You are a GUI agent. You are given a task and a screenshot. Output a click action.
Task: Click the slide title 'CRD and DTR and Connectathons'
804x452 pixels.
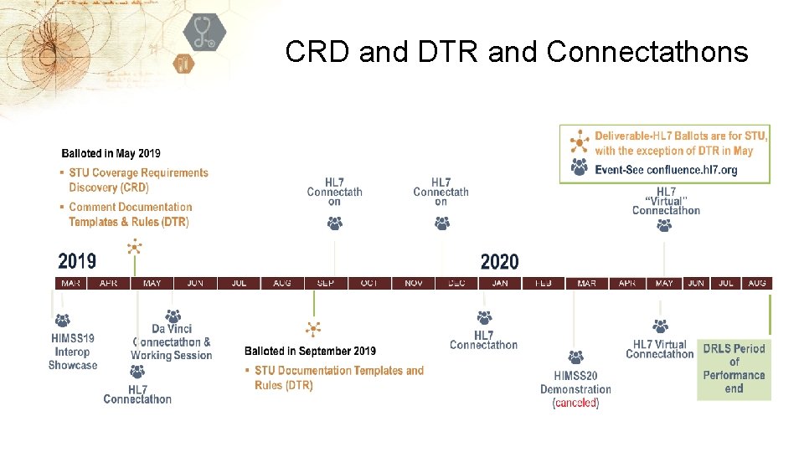click(x=516, y=52)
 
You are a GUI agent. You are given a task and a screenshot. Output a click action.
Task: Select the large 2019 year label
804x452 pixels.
click(x=77, y=262)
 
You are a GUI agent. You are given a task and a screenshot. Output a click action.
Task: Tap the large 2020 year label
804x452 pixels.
click(x=499, y=262)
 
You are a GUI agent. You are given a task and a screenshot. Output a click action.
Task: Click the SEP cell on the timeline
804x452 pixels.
click(x=326, y=284)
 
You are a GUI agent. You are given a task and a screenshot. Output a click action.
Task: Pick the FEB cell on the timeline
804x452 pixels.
click(x=544, y=284)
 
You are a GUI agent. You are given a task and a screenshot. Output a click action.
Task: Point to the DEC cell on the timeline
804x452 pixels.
click(x=456, y=284)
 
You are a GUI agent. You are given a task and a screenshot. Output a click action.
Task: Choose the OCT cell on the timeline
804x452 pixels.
click(x=369, y=284)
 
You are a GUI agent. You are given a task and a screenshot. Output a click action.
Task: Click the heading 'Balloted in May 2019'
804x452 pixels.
click(x=111, y=153)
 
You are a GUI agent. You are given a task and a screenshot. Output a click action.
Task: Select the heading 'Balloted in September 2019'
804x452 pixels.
click(x=310, y=352)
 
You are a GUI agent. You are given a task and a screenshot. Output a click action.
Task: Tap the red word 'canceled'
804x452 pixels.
click(x=575, y=403)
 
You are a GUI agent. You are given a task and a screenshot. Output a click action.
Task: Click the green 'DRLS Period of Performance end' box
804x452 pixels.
click(x=734, y=368)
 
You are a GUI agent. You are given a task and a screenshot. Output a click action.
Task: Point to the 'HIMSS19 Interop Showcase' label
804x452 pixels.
click(x=73, y=352)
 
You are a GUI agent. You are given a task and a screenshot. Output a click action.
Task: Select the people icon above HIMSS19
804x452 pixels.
click(x=62, y=320)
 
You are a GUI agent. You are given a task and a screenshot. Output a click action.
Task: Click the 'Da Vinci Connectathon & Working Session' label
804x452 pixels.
click(x=171, y=342)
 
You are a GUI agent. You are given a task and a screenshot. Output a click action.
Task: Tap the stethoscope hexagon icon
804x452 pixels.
click(x=204, y=33)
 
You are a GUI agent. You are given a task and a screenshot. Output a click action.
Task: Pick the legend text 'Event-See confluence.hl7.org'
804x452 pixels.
click(x=666, y=170)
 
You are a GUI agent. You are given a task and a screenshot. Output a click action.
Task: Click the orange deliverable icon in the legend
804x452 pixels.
click(x=579, y=141)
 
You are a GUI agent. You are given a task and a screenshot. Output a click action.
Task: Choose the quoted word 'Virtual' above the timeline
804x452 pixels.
click(x=666, y=201)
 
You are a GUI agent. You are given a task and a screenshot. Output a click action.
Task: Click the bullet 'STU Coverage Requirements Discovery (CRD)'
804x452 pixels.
click(x=138, y=180)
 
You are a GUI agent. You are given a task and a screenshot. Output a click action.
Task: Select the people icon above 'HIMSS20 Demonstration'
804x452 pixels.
click(x=575, y=357)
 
